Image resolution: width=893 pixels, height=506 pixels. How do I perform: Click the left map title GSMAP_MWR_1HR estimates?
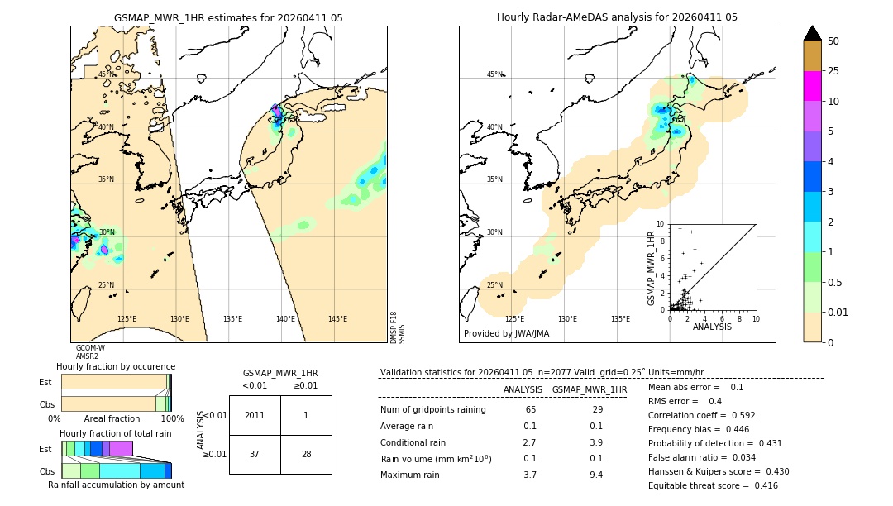[228, 17]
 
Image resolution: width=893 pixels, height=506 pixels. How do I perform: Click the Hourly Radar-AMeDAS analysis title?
[617, 17]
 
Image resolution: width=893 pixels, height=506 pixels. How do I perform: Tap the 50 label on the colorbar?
[834, 41]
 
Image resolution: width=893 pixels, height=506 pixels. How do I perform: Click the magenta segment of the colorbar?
[813, 86]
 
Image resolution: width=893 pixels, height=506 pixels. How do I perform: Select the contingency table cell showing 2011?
[255, 415]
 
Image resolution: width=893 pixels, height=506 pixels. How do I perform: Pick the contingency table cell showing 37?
[255, 455]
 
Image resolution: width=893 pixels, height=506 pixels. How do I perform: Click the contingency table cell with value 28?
[306, 455]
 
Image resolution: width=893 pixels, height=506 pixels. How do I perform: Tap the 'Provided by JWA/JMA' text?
[506, 334]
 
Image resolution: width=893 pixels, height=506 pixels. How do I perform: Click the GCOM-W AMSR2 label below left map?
[89, 352]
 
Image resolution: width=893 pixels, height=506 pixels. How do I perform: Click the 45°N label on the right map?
[494, 75]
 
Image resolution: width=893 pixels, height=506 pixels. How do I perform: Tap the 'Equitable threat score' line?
[713, 485]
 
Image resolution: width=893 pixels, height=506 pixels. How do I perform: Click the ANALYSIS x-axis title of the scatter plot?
[712, 327]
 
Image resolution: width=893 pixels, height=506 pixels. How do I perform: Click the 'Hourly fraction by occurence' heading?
[116, 366]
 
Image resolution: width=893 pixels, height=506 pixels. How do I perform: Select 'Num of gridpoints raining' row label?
[433, 410]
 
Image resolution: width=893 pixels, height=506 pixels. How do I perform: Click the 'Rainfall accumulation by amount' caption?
[116, 485]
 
